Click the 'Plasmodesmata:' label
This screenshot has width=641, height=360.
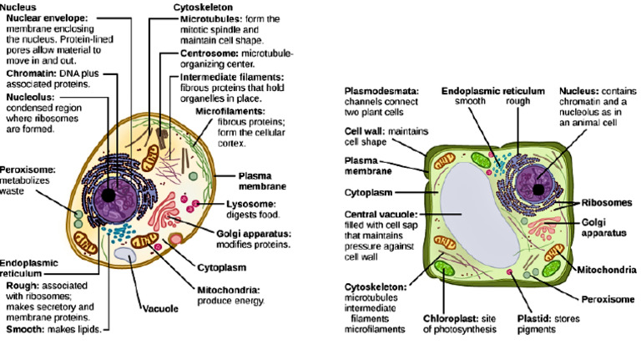[x=381, y=89]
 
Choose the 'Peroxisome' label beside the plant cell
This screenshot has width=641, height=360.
[x=605, y=298]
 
